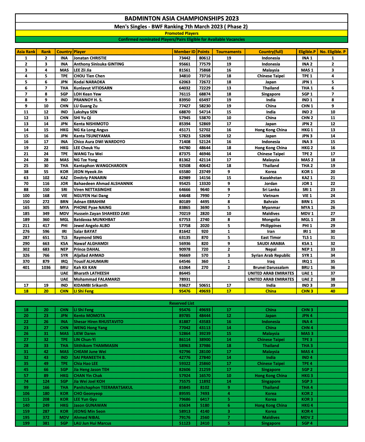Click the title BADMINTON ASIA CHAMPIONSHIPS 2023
[x=181, y=18]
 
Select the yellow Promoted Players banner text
[x=181, y=33]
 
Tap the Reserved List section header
[x=181, y=303]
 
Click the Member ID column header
[x=185, y=52]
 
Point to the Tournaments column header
[x=228, y=52]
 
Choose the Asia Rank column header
[x=26, y=52]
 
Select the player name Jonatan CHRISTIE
[x=90, y=58]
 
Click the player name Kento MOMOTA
[x=89, y=316]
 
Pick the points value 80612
[x=205, y=58]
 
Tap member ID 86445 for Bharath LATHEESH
[x=185, y=273]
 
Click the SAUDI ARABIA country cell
[x=271, y=244]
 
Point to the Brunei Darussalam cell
[x=271, y=268]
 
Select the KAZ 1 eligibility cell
[x=307, y=178]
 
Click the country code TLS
[x=64, y=238]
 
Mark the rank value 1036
[x=46, y=268]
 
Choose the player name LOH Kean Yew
[x=87, y=94]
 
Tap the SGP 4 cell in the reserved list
[x=307, y=423]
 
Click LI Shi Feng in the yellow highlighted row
[x=84, y=291]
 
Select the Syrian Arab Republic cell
[x=271, y=255]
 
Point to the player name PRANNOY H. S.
[x=88, y=100]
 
